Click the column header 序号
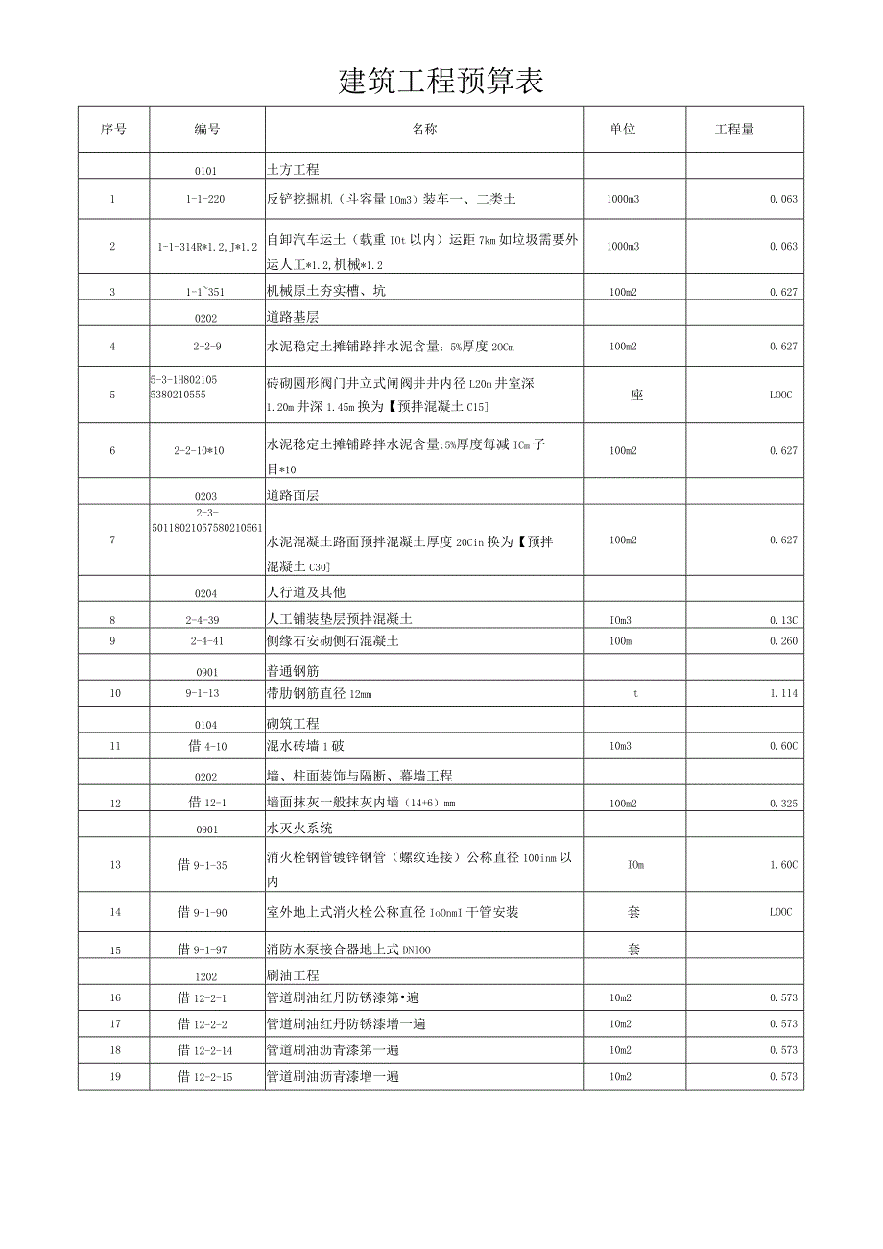point(113,130)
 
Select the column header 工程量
point(734,130)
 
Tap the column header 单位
point(623,130)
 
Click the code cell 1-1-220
point(205,200)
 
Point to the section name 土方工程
point(293,170)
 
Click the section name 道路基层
point(293,315)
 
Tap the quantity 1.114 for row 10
point(783,693)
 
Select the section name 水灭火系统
point(299,829)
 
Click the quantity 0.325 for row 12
point(783,804)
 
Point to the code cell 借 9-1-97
point(204,949)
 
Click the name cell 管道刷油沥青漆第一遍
point(332,1050)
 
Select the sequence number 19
point(115,1077)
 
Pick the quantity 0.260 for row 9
point(783,641)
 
